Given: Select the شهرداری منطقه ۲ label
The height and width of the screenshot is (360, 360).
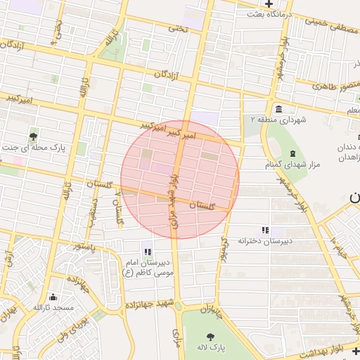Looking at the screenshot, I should [279, 120].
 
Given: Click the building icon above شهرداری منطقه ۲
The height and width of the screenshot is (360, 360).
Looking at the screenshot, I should [279, 109].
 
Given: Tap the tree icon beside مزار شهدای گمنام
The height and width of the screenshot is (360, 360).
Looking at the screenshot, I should [292, 154].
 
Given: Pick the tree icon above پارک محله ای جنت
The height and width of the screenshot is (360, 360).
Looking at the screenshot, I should [34, 136].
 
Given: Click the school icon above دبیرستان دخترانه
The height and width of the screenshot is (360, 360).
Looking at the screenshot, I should [264, 230].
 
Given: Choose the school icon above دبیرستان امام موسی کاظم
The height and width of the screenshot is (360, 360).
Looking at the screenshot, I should [147, 251].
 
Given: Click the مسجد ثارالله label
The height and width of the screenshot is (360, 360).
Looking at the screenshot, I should [53, 308].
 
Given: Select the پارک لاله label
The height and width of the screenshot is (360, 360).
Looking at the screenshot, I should [210, 347].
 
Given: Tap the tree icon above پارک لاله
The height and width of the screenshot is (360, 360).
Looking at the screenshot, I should [210, 336].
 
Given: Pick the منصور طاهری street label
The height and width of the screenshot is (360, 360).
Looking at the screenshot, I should [336, 86].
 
